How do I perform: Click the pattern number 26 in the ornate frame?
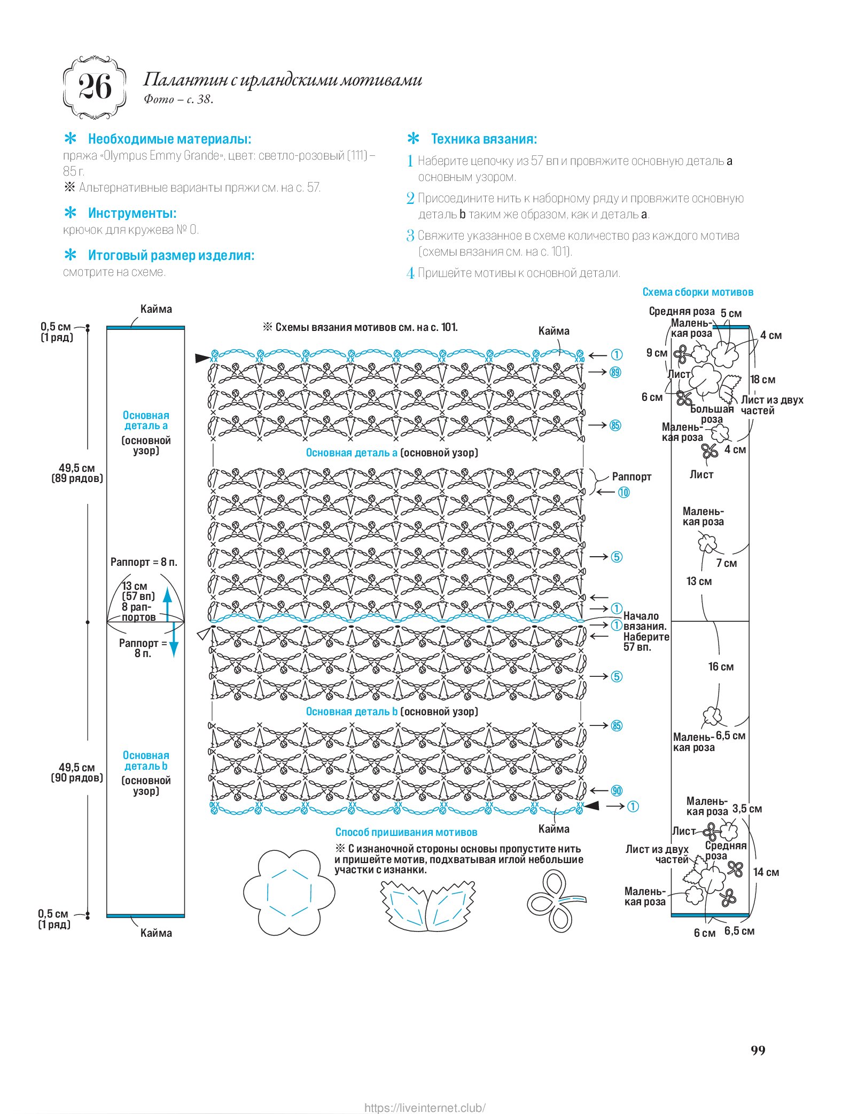95,87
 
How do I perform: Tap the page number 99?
758,1050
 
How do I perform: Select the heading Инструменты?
132,214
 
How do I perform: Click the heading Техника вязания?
484,139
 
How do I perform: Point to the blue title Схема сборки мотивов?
697,292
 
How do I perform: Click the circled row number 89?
615,372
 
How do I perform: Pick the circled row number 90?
617,791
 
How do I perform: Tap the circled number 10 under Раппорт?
623,492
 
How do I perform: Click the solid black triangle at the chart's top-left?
202,358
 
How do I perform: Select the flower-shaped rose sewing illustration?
289,892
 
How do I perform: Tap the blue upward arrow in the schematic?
167,603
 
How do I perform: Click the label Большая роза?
712,414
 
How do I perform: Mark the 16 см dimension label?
721,667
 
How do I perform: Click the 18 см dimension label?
762,380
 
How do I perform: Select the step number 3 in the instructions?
410,235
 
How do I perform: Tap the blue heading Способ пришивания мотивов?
406,832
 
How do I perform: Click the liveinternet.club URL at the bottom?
425,1108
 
